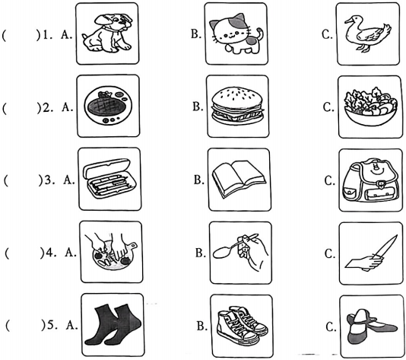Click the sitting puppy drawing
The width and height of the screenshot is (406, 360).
point(107,33)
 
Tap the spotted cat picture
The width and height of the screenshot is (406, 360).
point(236,34)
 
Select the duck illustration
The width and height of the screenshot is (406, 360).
point(368,33)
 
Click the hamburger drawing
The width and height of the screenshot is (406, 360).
point(237,106)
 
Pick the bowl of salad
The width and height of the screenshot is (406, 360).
point(370,107)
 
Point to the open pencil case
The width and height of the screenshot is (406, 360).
point(107,178)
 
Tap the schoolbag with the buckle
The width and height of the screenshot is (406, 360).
point(370,180)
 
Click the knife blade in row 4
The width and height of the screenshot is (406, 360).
point(385,245)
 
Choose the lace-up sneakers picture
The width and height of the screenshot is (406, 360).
point(243,326)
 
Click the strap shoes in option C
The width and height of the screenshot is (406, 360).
point(371,326)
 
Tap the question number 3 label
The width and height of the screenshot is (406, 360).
point(49,180)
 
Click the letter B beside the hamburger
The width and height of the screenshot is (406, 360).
point(198,107)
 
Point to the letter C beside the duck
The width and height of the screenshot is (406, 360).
point(327,34)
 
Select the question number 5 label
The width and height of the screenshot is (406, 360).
point(52,324)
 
